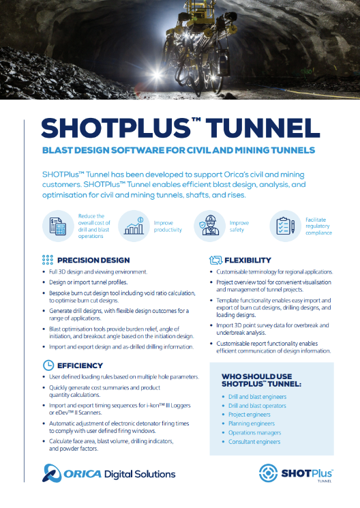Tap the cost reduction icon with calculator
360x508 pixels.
(55, 225)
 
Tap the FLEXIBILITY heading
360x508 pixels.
(247, 260)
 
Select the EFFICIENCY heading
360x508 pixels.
(80, 365)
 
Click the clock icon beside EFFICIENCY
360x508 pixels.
(48, 365)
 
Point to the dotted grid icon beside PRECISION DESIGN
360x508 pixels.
(48, 260)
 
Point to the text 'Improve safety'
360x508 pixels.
(239, 226)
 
